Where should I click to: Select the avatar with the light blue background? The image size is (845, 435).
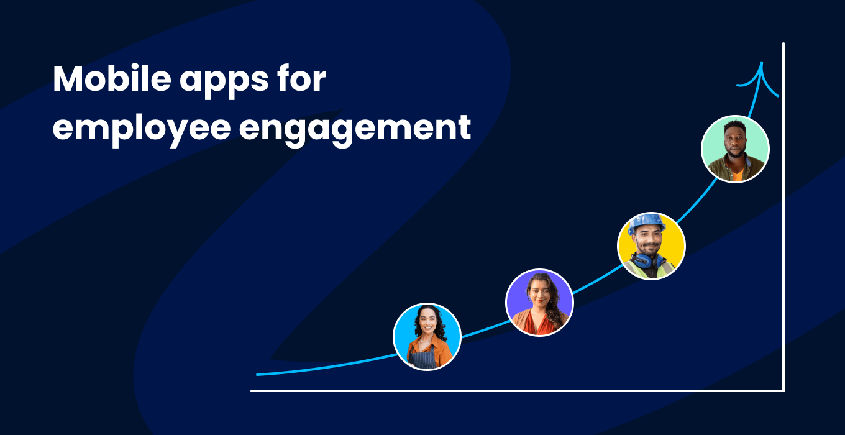point(427,336)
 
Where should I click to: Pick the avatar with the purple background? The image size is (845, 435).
point(539,302)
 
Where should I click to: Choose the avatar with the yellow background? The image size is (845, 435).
point(651,245)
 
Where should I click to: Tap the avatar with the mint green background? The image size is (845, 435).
point(735,149)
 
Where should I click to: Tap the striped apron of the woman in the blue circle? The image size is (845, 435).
point(426,359)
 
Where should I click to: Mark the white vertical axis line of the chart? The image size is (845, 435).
point(783,217)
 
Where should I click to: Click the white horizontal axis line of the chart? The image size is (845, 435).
point(516,391)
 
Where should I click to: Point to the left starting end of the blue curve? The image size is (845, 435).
point(258,374)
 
